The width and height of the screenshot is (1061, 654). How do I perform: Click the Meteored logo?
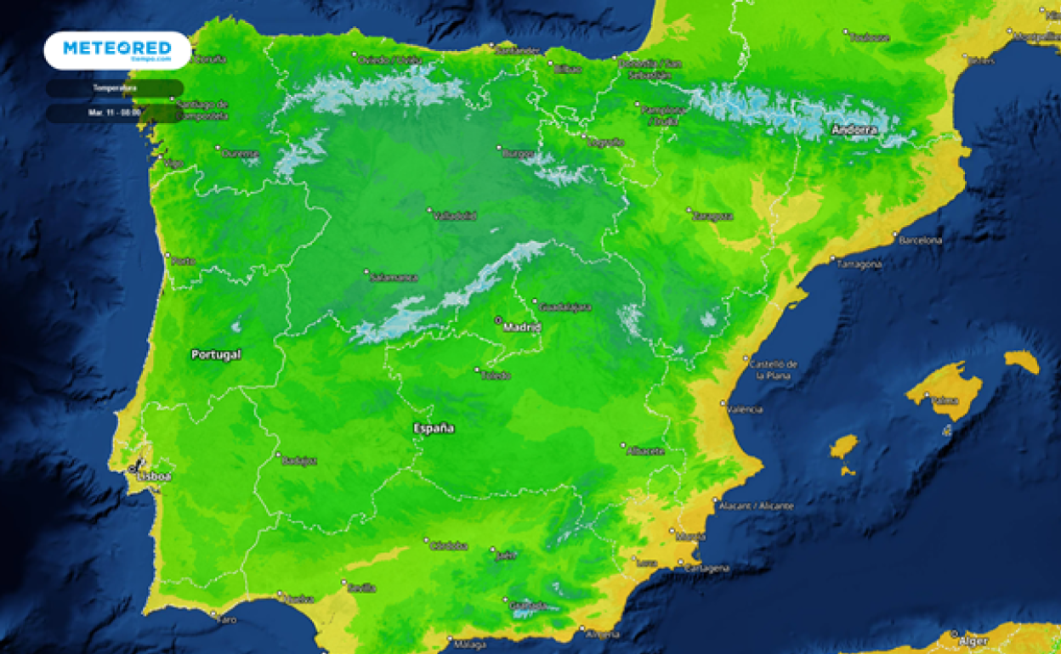(x=117, y=50)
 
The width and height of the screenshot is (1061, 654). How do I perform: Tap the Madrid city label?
(x=522, y=326)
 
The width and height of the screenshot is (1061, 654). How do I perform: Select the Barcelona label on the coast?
(x=922, y=240)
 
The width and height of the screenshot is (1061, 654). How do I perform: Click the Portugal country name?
(x=216, y=354)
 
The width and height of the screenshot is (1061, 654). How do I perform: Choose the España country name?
(x=434, y=428)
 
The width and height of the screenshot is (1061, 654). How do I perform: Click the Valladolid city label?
(x=455, y=216)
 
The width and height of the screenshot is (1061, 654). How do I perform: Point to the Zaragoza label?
(x=713, y=216)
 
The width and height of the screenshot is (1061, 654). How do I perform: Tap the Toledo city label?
(x=496, y=375)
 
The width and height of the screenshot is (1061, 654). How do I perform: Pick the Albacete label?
(x=645, y=451)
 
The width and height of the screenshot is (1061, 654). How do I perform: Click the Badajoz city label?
(x=300, y=460)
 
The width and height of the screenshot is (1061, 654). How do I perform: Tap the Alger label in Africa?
(x=973, y=640)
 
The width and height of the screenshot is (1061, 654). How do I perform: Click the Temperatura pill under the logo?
(x=114, y=88)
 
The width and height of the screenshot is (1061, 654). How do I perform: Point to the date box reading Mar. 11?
(x=114, y=112)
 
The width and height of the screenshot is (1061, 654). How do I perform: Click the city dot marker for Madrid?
(x=499, y=320)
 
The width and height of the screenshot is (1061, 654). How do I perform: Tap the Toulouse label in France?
(x=869, y=37)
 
